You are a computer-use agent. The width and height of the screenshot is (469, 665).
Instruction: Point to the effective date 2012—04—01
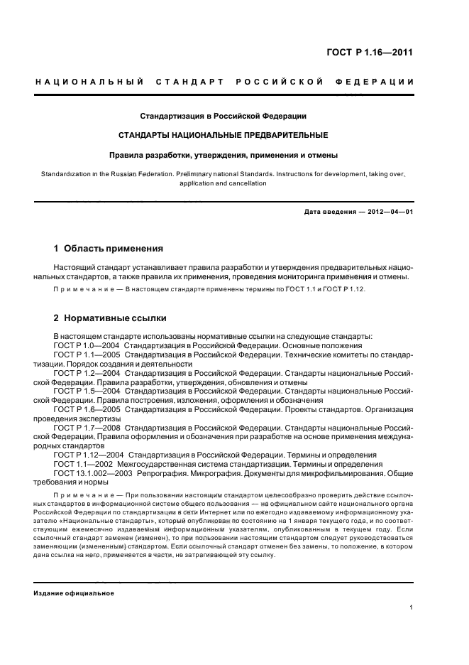(387, 212)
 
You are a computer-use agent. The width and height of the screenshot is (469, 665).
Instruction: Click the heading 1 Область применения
(109, 249)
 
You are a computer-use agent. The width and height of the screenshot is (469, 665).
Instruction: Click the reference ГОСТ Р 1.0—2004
(86, 345)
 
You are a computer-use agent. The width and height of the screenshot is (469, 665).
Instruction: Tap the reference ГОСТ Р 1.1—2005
(86, 355)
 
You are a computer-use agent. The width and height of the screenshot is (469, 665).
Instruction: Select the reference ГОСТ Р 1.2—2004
(86, 372)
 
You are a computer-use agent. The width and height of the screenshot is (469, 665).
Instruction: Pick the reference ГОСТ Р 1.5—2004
(86, 391)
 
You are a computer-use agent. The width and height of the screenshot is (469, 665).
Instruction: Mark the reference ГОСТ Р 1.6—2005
(86, 409)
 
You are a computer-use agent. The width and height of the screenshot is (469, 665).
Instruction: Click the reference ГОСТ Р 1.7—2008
(86, 428)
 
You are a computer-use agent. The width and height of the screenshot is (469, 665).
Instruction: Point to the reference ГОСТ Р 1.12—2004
(89, 455)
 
